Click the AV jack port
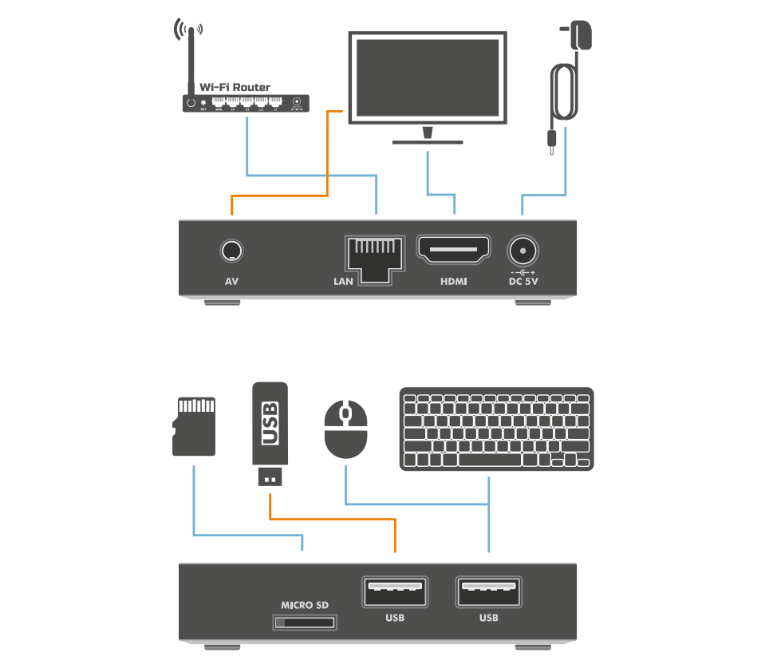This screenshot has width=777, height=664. (x=231, y=251)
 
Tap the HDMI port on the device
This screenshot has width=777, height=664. (x=454, y=252)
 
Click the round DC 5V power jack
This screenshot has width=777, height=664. (x=523, y=251)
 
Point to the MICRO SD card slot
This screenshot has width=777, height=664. (x=305, y=622)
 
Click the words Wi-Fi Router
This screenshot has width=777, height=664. (x=235, y=87)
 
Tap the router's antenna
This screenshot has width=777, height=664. (x=191, y=60)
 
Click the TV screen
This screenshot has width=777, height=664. (x=427, y=77)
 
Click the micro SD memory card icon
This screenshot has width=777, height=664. (x=195, y=427)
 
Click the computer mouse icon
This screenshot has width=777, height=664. (x=345, y=429)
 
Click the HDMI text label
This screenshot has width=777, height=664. (x=454, y=282)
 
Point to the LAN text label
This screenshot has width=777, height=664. (x=343, y=282)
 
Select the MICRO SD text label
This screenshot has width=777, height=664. (x=305, y=606)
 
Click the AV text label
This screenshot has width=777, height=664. (x=232, y=282)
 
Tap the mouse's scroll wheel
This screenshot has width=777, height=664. (x=345, y=414)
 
